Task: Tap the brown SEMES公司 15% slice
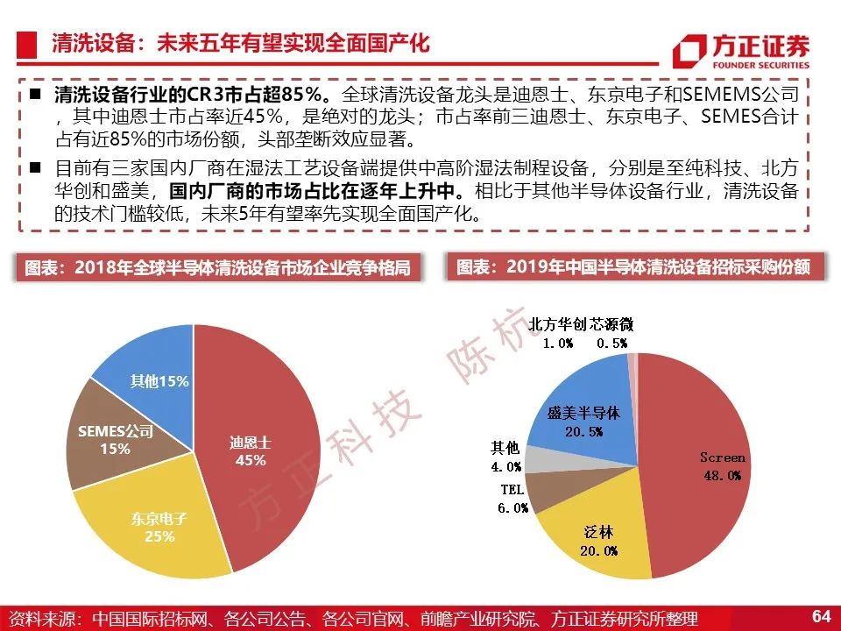click(x=116, y=437)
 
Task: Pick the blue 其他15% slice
click(x=156, y=379)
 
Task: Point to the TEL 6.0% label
click(x=512, y=499)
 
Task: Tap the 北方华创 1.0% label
click(x=557, y=333)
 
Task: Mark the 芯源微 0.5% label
click(x=612, y=333)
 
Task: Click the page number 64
click(x=821, y=615)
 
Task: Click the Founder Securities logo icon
click(x=689, y=52)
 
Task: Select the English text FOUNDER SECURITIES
click(x=760, y=65)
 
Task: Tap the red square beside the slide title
click(x=26, y=45)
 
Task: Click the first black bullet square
click(x=35, y=95)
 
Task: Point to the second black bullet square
click(x=35, y=167)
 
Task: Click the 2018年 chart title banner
click(x=217, y=267)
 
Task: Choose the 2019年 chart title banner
click(x=634, y=266)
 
